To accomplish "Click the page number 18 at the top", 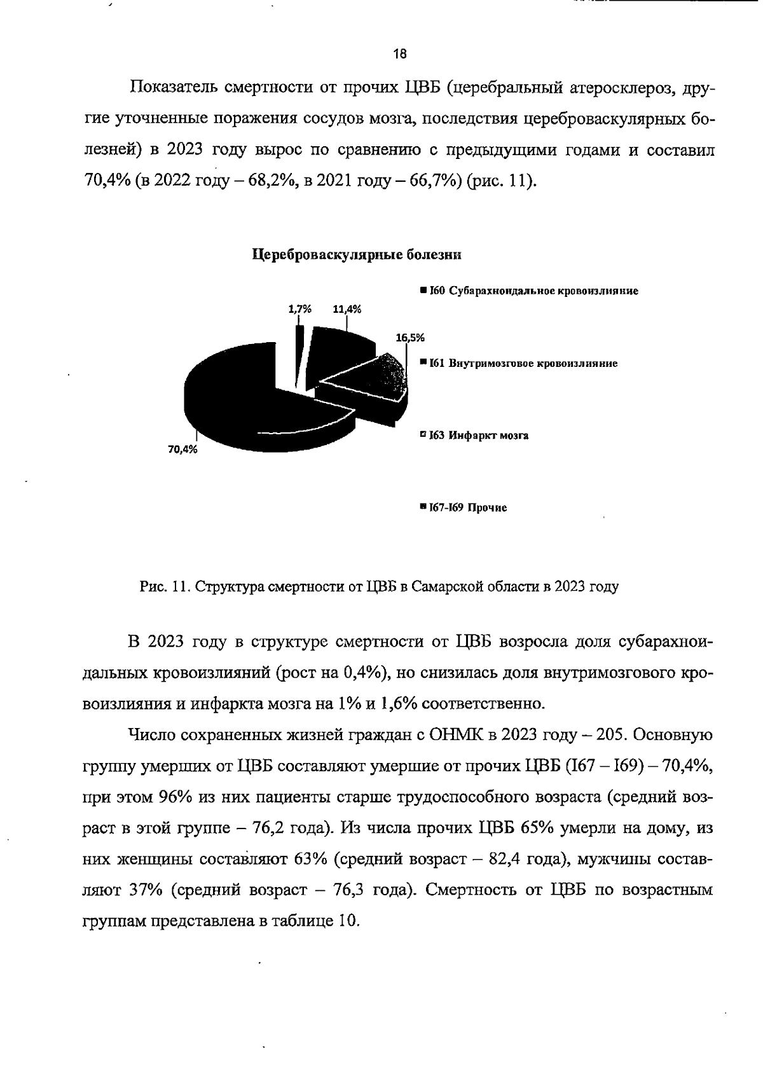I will click(x=399, y=54).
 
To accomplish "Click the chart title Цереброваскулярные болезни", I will click(x=356, y=255).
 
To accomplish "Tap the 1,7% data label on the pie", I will click(x=299, y=309).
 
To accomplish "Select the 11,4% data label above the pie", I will click(x=347, y=309).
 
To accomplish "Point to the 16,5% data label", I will click(x=409, y=338).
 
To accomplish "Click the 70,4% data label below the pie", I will click(x=182, y=450).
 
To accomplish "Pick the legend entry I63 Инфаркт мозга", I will click(x=474, y=436).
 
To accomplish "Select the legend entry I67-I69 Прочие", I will click(x=464, y=508).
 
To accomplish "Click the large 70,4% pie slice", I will click(x=242, y=401).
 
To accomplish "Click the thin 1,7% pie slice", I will click(x=299, y=356).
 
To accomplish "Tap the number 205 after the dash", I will click(x=611, y=735).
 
